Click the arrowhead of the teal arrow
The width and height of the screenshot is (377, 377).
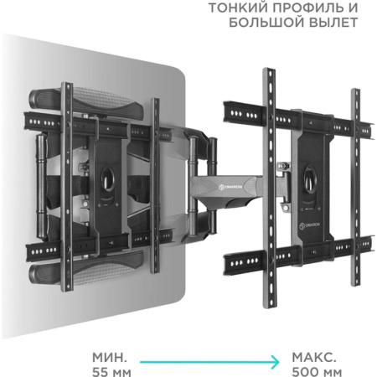pyautogui.click(x=277, y=360)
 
